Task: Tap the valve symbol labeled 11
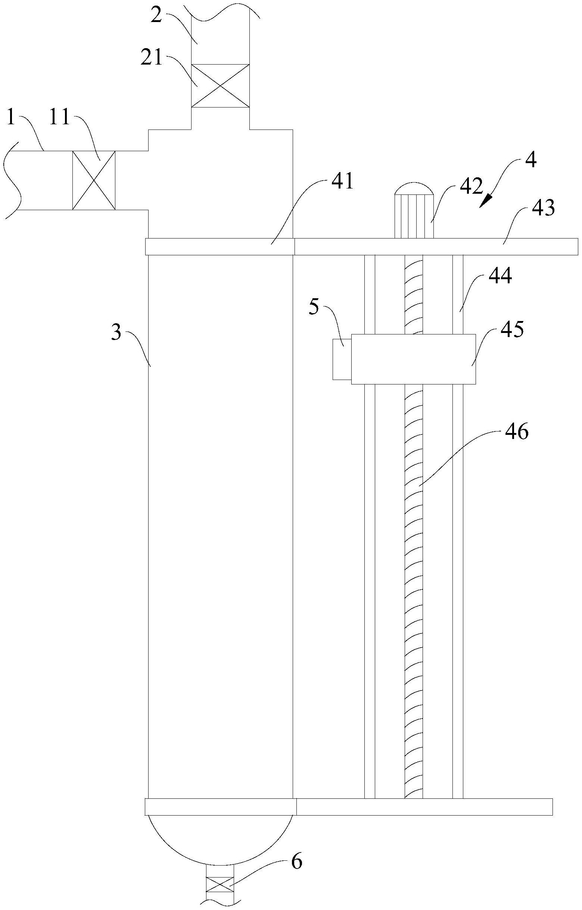pyautogui.click(x=94, y=180)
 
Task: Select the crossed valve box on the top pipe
pyautogui.click(x=220, y=86)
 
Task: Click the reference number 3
pyautogui.click(x=117, y=334)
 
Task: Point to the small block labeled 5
pyautogui.click(x=342, y=359)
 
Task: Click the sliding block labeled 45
pyautogui.click(x=413, y=359)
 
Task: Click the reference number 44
pyautogui.click(x=500, y=277)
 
